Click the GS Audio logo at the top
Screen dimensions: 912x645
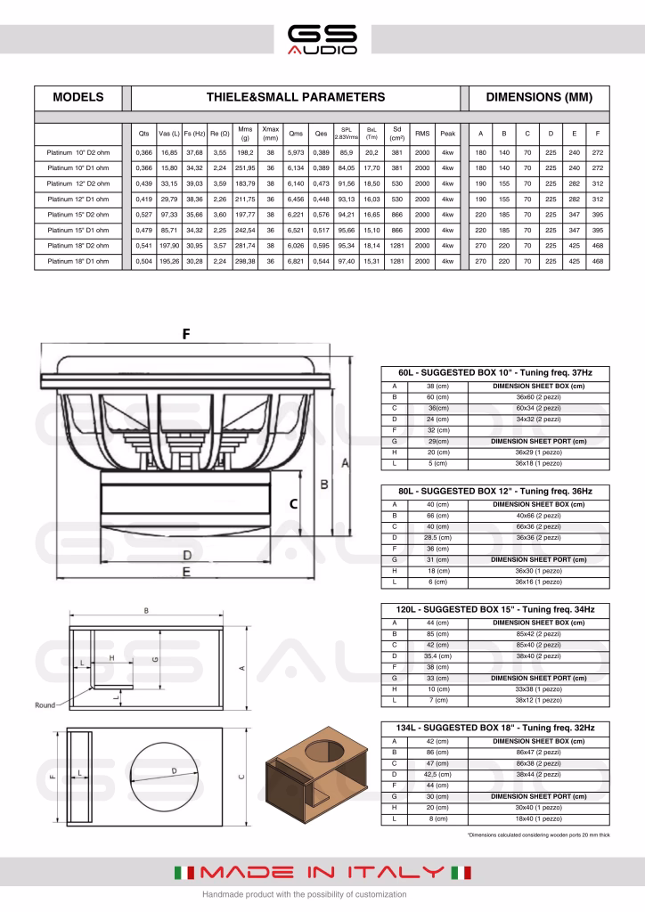[x=322, y=39]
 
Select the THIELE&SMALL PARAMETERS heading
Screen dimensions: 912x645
[x=295, y=97]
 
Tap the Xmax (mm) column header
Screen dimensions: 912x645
[x=271, y=134]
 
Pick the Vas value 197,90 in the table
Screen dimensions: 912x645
[x=168, y=246]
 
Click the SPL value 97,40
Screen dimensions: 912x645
[x=347, y=262]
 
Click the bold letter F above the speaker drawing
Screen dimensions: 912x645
[x=186, y=335]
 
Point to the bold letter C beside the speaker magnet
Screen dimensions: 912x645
[x=292, y=503]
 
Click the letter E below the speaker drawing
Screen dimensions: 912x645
[x=186, y=572]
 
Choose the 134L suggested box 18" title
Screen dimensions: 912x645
[x=494, y=728]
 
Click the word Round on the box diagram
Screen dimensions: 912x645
[x=45, y=704]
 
